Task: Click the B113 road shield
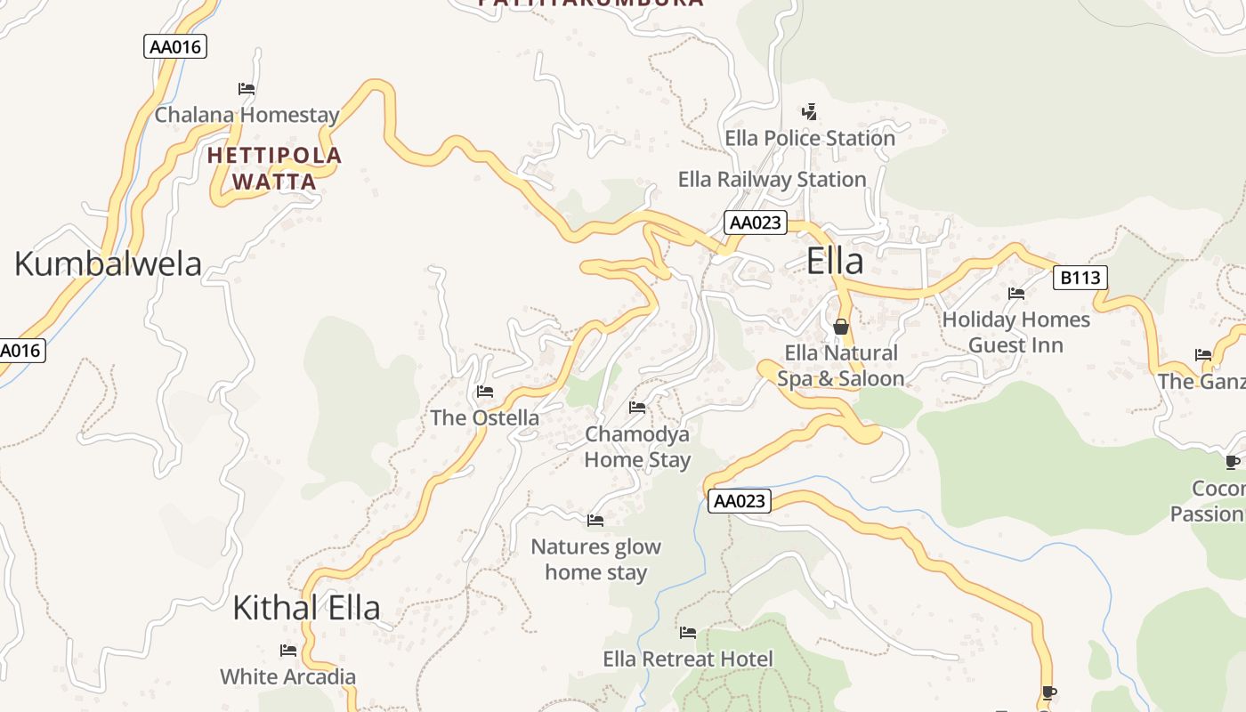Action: point(1080,278)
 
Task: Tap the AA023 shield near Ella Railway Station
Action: point(756,222)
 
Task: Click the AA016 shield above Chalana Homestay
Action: point(175,46)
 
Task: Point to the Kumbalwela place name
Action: point(108,263)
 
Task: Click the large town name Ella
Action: point(835,262)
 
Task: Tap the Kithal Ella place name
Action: point(306,608)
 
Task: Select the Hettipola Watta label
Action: point(274,168)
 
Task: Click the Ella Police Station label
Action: point(810,138)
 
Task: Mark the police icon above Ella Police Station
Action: point(809,112)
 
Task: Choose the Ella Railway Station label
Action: point(772,179)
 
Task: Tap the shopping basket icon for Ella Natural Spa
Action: point(841,327)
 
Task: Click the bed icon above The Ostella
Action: point(485,391)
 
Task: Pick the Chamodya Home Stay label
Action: point(637,447)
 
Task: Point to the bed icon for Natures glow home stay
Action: point(595,520)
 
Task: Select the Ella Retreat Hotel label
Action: point(688,659)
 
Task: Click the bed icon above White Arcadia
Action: point(287,651)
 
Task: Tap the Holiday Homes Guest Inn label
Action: point(1015,332)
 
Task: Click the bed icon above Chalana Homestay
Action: point(247,89)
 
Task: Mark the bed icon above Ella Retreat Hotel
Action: point(688,633)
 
